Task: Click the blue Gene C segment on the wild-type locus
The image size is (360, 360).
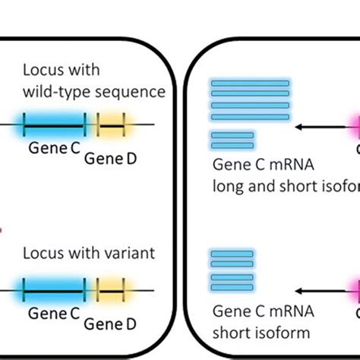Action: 54,125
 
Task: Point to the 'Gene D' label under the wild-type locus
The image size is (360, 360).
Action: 110,158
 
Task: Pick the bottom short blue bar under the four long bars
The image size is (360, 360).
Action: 232,144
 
